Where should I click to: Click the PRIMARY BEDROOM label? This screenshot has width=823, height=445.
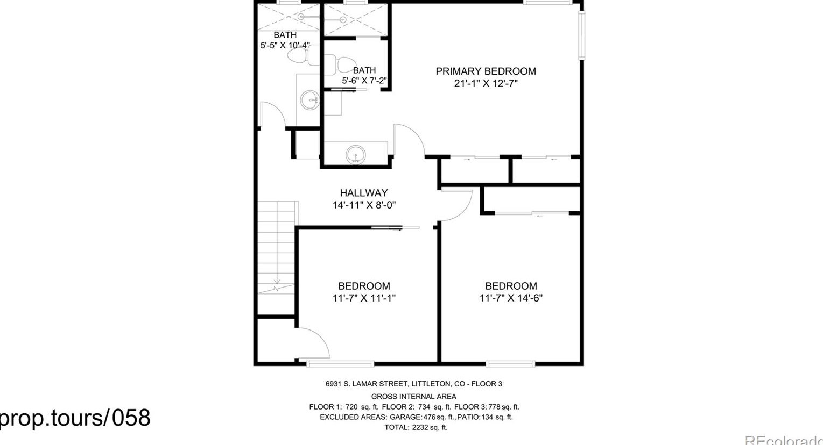coord(486,71)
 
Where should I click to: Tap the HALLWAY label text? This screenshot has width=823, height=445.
coord(364,193)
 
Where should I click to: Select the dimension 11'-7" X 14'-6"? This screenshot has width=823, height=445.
coord(511,298)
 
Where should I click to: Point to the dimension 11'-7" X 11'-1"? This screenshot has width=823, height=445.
coord(364,298)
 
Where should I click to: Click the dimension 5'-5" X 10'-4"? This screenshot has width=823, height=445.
coord(285,46)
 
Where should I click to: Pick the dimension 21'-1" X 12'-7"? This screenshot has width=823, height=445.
coord(486,84)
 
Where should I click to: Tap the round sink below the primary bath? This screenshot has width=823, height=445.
coord(356,155)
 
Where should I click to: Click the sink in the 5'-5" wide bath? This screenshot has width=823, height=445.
coord(309,100)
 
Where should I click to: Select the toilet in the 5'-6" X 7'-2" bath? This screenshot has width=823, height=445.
coord(341,65)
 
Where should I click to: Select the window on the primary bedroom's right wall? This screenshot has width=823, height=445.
coord(582,35)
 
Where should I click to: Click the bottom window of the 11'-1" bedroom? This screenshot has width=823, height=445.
coord(340,363)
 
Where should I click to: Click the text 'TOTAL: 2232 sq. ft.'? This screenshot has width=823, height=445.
coord(416,427)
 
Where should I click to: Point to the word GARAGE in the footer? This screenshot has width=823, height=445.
coord(405,417)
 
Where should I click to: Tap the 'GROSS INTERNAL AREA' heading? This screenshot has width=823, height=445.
coord(414,397)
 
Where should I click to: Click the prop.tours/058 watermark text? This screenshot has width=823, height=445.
coord(75,418)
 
